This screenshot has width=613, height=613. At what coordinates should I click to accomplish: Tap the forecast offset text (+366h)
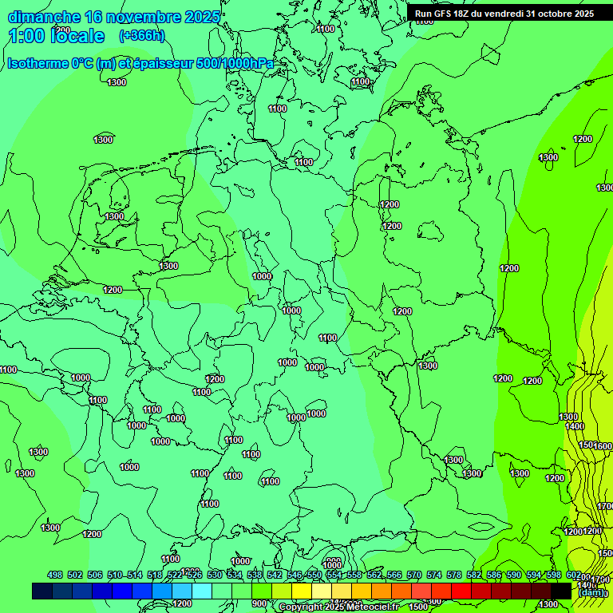(141, 35)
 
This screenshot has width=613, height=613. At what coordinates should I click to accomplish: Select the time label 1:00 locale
(56, 36)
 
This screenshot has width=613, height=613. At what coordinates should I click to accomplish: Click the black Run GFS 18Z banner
(504, 14)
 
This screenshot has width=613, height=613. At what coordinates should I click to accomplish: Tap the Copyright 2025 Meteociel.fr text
(338, 607)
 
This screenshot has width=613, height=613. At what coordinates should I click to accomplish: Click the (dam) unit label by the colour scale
(591, 592)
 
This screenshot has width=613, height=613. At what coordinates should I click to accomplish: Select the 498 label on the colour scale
(55, 575)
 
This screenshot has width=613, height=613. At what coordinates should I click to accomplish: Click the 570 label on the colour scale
(414, 575)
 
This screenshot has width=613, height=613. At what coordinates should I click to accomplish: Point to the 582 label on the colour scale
(474, 575)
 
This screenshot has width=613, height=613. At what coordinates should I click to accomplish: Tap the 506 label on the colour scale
(95, 575)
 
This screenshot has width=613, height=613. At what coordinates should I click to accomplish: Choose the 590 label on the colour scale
(514, 575)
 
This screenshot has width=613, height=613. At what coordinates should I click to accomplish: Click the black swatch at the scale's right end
(561, 591)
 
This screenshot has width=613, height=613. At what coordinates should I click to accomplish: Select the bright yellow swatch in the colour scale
(302, 591)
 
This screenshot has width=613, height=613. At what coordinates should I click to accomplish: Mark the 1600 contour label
(603, 446)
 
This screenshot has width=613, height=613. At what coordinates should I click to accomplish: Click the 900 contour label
(259, 604)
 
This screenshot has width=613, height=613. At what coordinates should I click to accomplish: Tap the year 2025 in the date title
(201, 18)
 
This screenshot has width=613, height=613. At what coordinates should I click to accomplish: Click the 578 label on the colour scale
(454, 575)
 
